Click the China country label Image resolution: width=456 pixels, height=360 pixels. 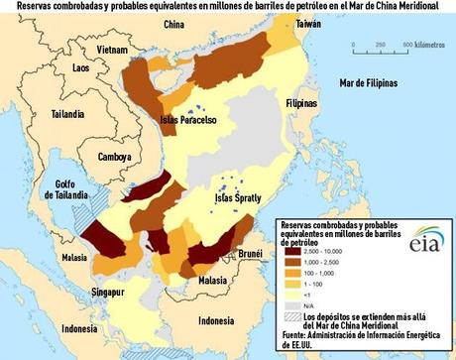coord(173,23)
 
